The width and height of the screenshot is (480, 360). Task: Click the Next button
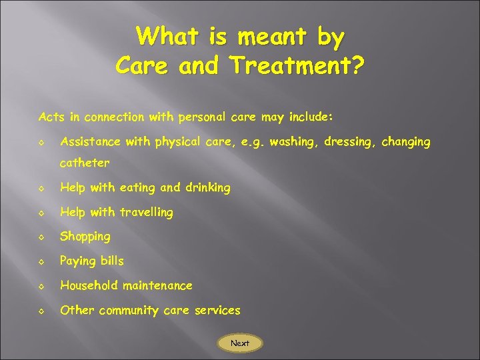(240, 343)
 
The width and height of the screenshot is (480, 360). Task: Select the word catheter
(85, 163)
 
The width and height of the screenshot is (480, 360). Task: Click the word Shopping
(85, 237)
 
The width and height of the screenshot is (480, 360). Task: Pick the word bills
(109, 261)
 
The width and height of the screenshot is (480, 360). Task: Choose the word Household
(89, 285)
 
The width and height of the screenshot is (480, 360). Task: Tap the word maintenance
(157, 285)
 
